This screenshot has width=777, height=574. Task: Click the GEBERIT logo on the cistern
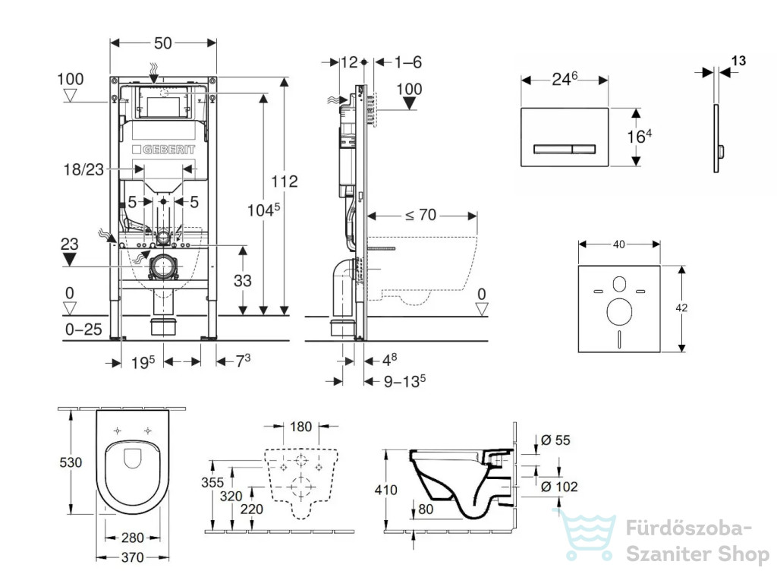[x=164, y=150]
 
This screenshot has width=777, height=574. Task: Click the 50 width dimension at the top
[x=163, y=43]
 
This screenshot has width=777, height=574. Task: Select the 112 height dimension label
[x=285, y=181]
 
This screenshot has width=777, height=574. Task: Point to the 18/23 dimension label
[x=83, y=169]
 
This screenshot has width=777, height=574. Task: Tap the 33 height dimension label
[x=242, y=281]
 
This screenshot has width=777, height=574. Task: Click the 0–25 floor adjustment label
[x=83, y=329]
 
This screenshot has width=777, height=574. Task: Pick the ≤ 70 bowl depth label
[x=420, y=215]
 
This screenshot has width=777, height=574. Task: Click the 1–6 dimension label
[x=407, y=62]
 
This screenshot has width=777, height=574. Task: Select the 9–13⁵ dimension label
[x=404, y=380]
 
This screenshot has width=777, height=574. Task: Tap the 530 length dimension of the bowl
[x=71, y=462]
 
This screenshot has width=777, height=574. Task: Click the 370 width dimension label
[x=132, y=557]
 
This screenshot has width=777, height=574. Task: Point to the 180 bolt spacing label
[x=300, y=427]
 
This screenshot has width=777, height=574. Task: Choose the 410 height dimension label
[x=386, y=490]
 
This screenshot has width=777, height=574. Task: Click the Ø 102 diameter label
[x=559, y=487]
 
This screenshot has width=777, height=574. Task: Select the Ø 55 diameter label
[x=555, y=440]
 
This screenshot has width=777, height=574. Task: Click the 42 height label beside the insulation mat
[x=681, y=307]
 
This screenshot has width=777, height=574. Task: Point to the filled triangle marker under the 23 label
[x=69, y=259]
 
